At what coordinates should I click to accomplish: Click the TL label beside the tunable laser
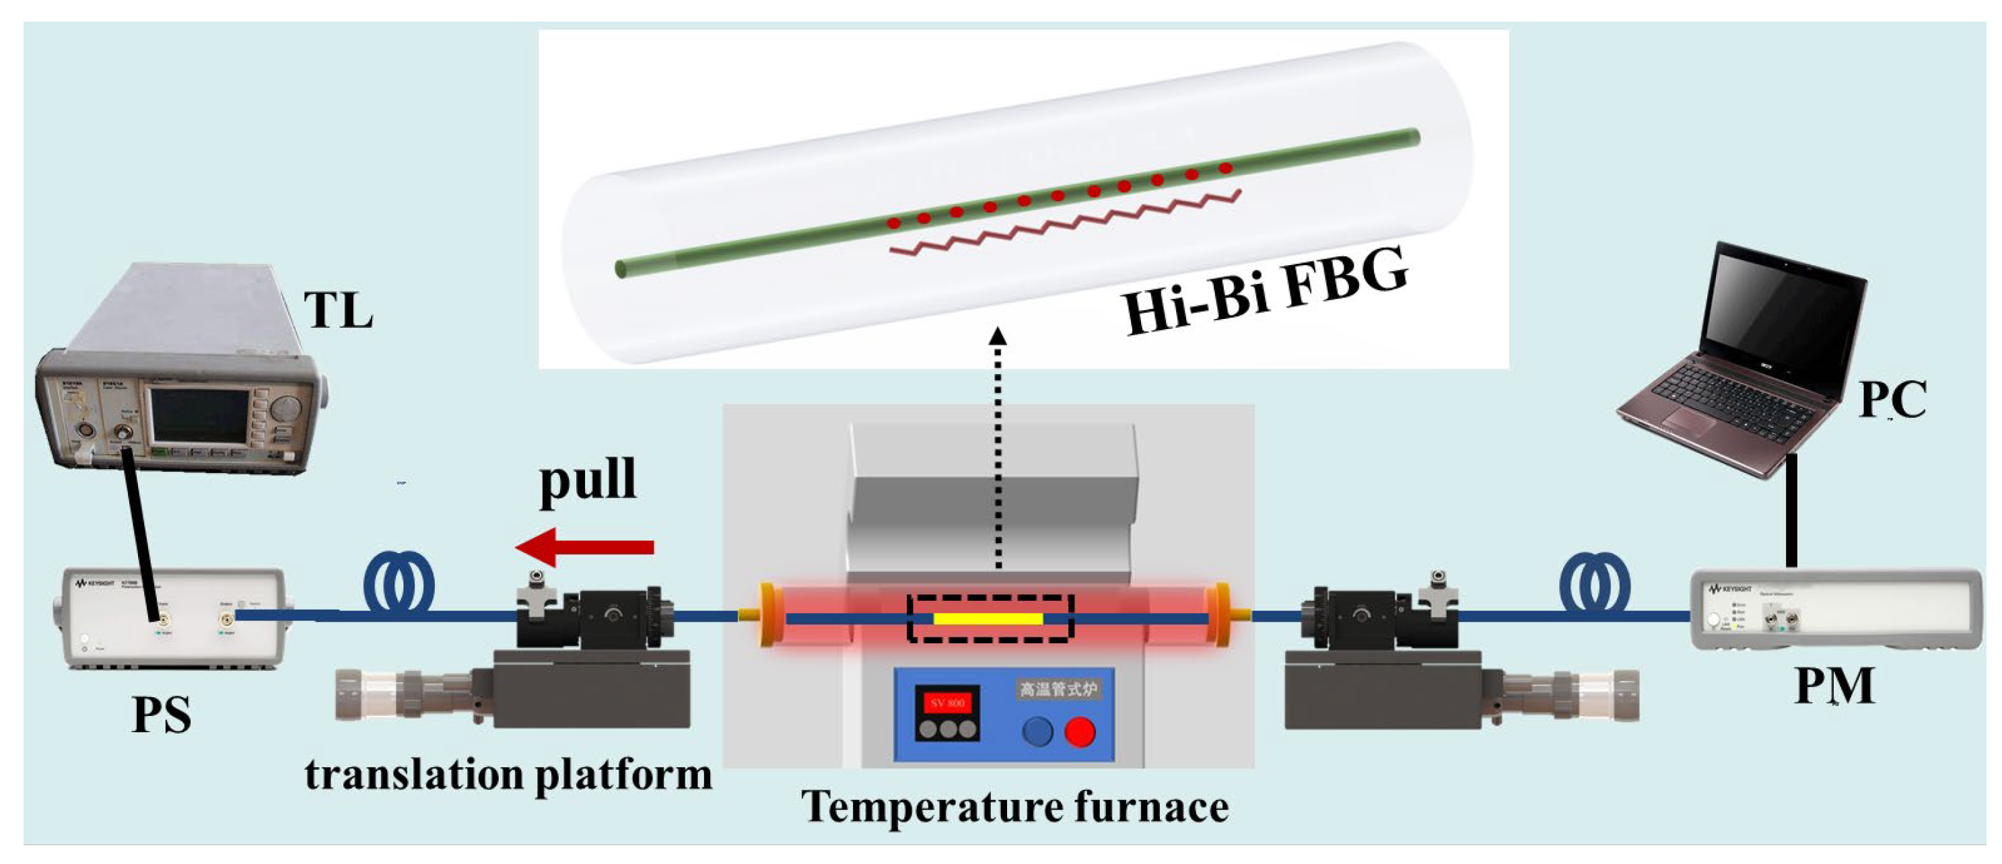tap(338, 311)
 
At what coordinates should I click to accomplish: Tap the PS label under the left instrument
tap(162, 715)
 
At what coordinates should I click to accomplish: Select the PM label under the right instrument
tap(1834, 685)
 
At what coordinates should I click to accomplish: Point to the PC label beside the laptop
tap(1892, 400)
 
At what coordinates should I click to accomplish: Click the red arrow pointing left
tap(584, 547)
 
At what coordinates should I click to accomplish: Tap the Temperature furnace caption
tap(1015, 807)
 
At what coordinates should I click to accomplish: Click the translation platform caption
tap(508, 775)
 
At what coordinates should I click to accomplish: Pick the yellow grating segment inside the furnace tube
tap(988, 618)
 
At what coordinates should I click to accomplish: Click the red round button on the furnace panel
tap(1080, 731)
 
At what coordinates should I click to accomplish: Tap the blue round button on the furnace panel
tap(1037, 731)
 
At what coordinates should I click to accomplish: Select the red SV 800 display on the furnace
tap(947, 703)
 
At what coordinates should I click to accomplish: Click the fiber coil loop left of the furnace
tap(399, 583)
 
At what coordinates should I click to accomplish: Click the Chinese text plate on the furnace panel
tap(1058, 688)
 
